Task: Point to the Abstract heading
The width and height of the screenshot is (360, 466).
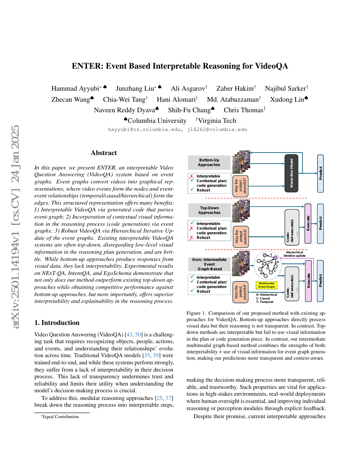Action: tap(104, 153)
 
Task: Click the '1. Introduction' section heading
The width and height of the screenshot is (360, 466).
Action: tap(57, 322)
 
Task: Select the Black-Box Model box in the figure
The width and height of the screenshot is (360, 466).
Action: tap(292, 174)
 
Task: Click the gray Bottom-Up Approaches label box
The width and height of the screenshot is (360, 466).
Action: tap(209, 162)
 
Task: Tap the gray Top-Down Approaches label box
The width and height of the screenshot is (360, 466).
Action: tap(209, 210)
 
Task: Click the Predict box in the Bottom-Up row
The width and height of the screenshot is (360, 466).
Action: tap(320, 173)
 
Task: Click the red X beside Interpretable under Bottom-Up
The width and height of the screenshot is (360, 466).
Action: tap(192, 176)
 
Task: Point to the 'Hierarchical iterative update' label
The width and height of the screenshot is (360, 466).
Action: tap(294, 254)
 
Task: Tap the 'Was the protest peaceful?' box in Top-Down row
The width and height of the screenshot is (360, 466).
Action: tap(241, 236)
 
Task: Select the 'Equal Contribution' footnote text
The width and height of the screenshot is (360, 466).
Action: tap(61, 417)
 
